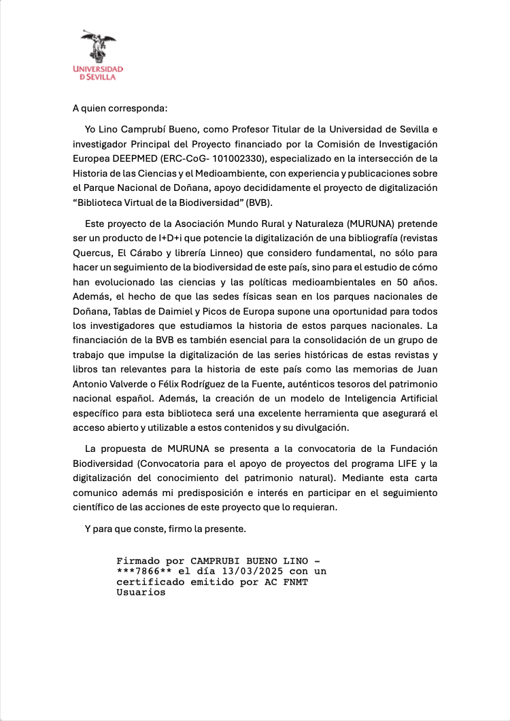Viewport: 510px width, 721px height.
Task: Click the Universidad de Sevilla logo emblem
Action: pos(99,47)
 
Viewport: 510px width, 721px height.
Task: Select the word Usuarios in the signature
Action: pos(141,592)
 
